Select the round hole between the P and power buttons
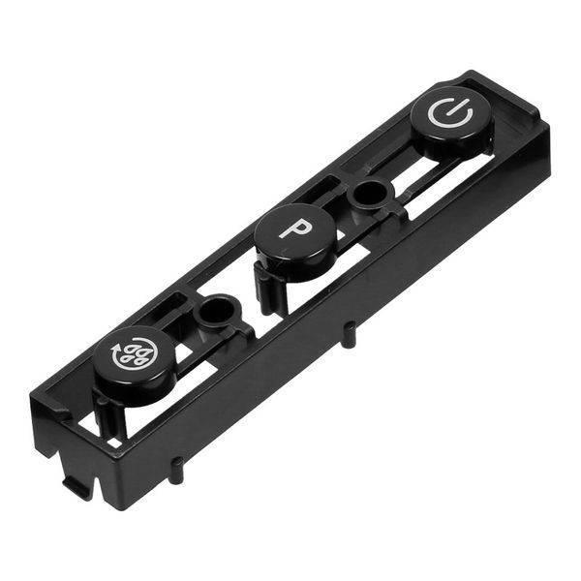click(371, 195)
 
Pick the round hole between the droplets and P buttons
click(215, 309)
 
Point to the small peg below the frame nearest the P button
click(348, 335)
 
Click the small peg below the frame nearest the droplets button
click(177, 469)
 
